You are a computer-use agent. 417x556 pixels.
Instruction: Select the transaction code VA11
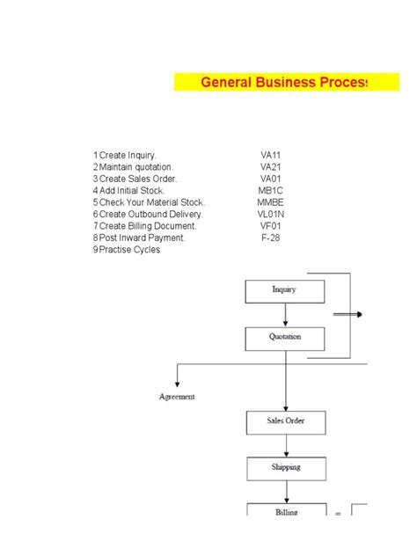[x=270, y=155]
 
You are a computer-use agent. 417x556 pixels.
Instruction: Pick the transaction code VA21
[x=270, y=167]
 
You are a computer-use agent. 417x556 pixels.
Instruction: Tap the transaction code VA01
[x=270, y=179]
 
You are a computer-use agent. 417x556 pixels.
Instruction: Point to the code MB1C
[x=270, y=190]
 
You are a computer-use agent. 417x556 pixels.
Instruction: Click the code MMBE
[x=270, y=202]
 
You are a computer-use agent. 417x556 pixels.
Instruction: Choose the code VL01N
[x=270, y=214]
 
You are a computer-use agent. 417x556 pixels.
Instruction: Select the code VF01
[x=270, y=226]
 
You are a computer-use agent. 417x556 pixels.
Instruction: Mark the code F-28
[x=270, y=238]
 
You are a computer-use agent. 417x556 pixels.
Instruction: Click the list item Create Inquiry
[x=132, y=155]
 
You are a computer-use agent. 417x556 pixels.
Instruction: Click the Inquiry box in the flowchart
[x=284, y=290]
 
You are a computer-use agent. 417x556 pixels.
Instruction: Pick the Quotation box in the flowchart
[x=284, y=338]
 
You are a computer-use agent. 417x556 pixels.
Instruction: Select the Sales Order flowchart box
[x=284, y=421]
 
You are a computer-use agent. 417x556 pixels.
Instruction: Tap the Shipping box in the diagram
[x=285, y=468]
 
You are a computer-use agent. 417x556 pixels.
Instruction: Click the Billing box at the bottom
[x=285, y=511]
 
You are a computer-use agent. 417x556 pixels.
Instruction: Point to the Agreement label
[x=177, y=397]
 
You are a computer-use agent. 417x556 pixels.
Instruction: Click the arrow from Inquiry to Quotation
[x=285, y=315]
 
